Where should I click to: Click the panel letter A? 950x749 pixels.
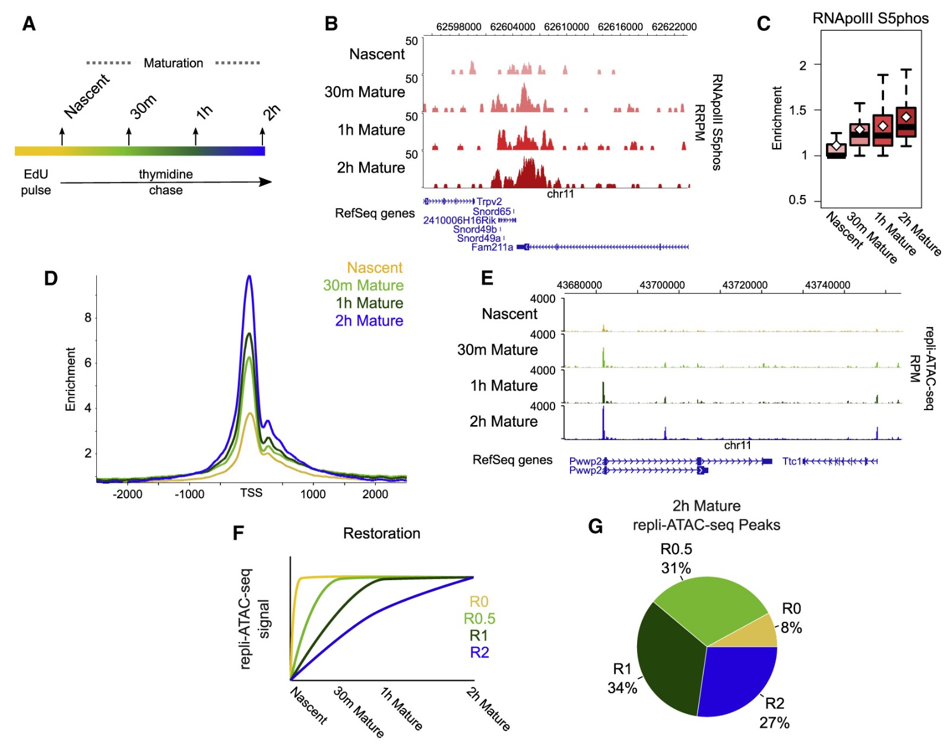pyautogui.click(x=28, y=24)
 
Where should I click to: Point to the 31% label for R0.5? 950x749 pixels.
pyautogui.click(x=676, y=568)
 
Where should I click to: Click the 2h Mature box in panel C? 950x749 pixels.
pyautogui.click(x=906, y=122)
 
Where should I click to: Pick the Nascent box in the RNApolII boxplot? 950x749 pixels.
pyautogui.click(x=837, y=150)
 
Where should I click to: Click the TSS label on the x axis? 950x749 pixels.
pyautogui.click(x=251, y=493)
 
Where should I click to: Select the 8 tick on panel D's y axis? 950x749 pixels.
pyautogui.click(x=88, y=317)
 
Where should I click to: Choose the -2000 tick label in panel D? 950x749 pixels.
pyautogui.click(x=127, y=494)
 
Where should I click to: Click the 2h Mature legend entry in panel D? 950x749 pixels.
pyautogui.click(x=369, y=321)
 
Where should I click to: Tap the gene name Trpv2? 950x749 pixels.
pyautogui.click(x=489, y=202)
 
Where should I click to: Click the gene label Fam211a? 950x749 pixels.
pyautogui.click(x=492, y=247)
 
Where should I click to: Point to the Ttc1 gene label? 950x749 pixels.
pyautogui.click(x=792, y=461)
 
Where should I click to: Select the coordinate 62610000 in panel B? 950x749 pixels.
pyautogui.click(x=566, y=27)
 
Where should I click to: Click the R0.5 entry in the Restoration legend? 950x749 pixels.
pyautogui.click(x=479, y=619)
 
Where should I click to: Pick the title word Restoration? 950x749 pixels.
pyautogui.click(x=381, y=533)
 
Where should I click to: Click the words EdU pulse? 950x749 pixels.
pyautogui.click(x=36, y=182)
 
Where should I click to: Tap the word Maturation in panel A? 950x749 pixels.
pyautogui.click(x=173, y=63)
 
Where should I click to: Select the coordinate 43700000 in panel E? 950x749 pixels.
pyautogui.click(x=662, y=285)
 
